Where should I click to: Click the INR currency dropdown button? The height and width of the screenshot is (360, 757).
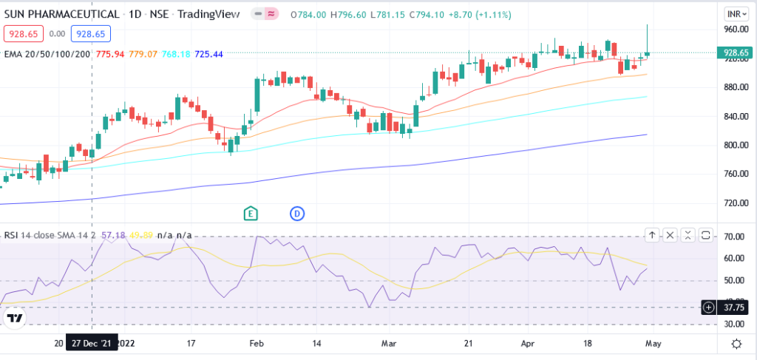point(734,14)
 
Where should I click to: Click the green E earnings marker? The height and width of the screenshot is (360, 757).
point(251,214)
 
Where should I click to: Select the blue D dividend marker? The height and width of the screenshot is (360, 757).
point(297,214)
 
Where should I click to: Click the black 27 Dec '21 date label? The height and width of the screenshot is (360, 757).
point(91,343)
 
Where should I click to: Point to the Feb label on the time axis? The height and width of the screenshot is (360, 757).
point(257,343)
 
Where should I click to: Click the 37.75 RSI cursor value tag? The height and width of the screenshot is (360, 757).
point(734,307)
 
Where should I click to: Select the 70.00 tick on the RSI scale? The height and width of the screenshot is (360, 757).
point(734,237)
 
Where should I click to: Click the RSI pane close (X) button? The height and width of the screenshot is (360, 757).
point(670,235)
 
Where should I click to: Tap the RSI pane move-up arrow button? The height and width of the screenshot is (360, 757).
point(652,235)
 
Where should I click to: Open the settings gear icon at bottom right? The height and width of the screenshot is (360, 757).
point(736,344)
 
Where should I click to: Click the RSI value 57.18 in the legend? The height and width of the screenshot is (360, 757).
point(114,235)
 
